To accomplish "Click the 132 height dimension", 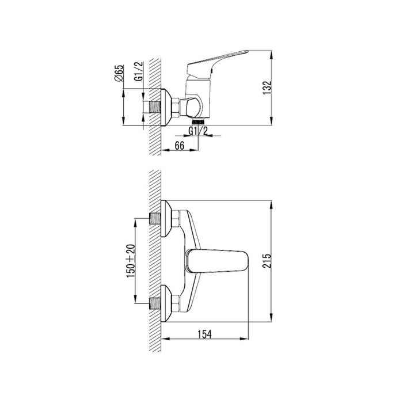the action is tap(267, 88).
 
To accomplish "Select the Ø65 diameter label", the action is tap(119, 73).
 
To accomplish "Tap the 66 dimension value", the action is tap(180, 146).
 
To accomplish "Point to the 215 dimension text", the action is tap(268, 261).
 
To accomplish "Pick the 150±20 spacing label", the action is tap(131, 261).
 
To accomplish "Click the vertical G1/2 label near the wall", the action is tap(139, 71).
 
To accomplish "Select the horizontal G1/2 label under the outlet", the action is tap(198, 131).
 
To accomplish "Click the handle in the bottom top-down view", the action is tap(217, 261).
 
